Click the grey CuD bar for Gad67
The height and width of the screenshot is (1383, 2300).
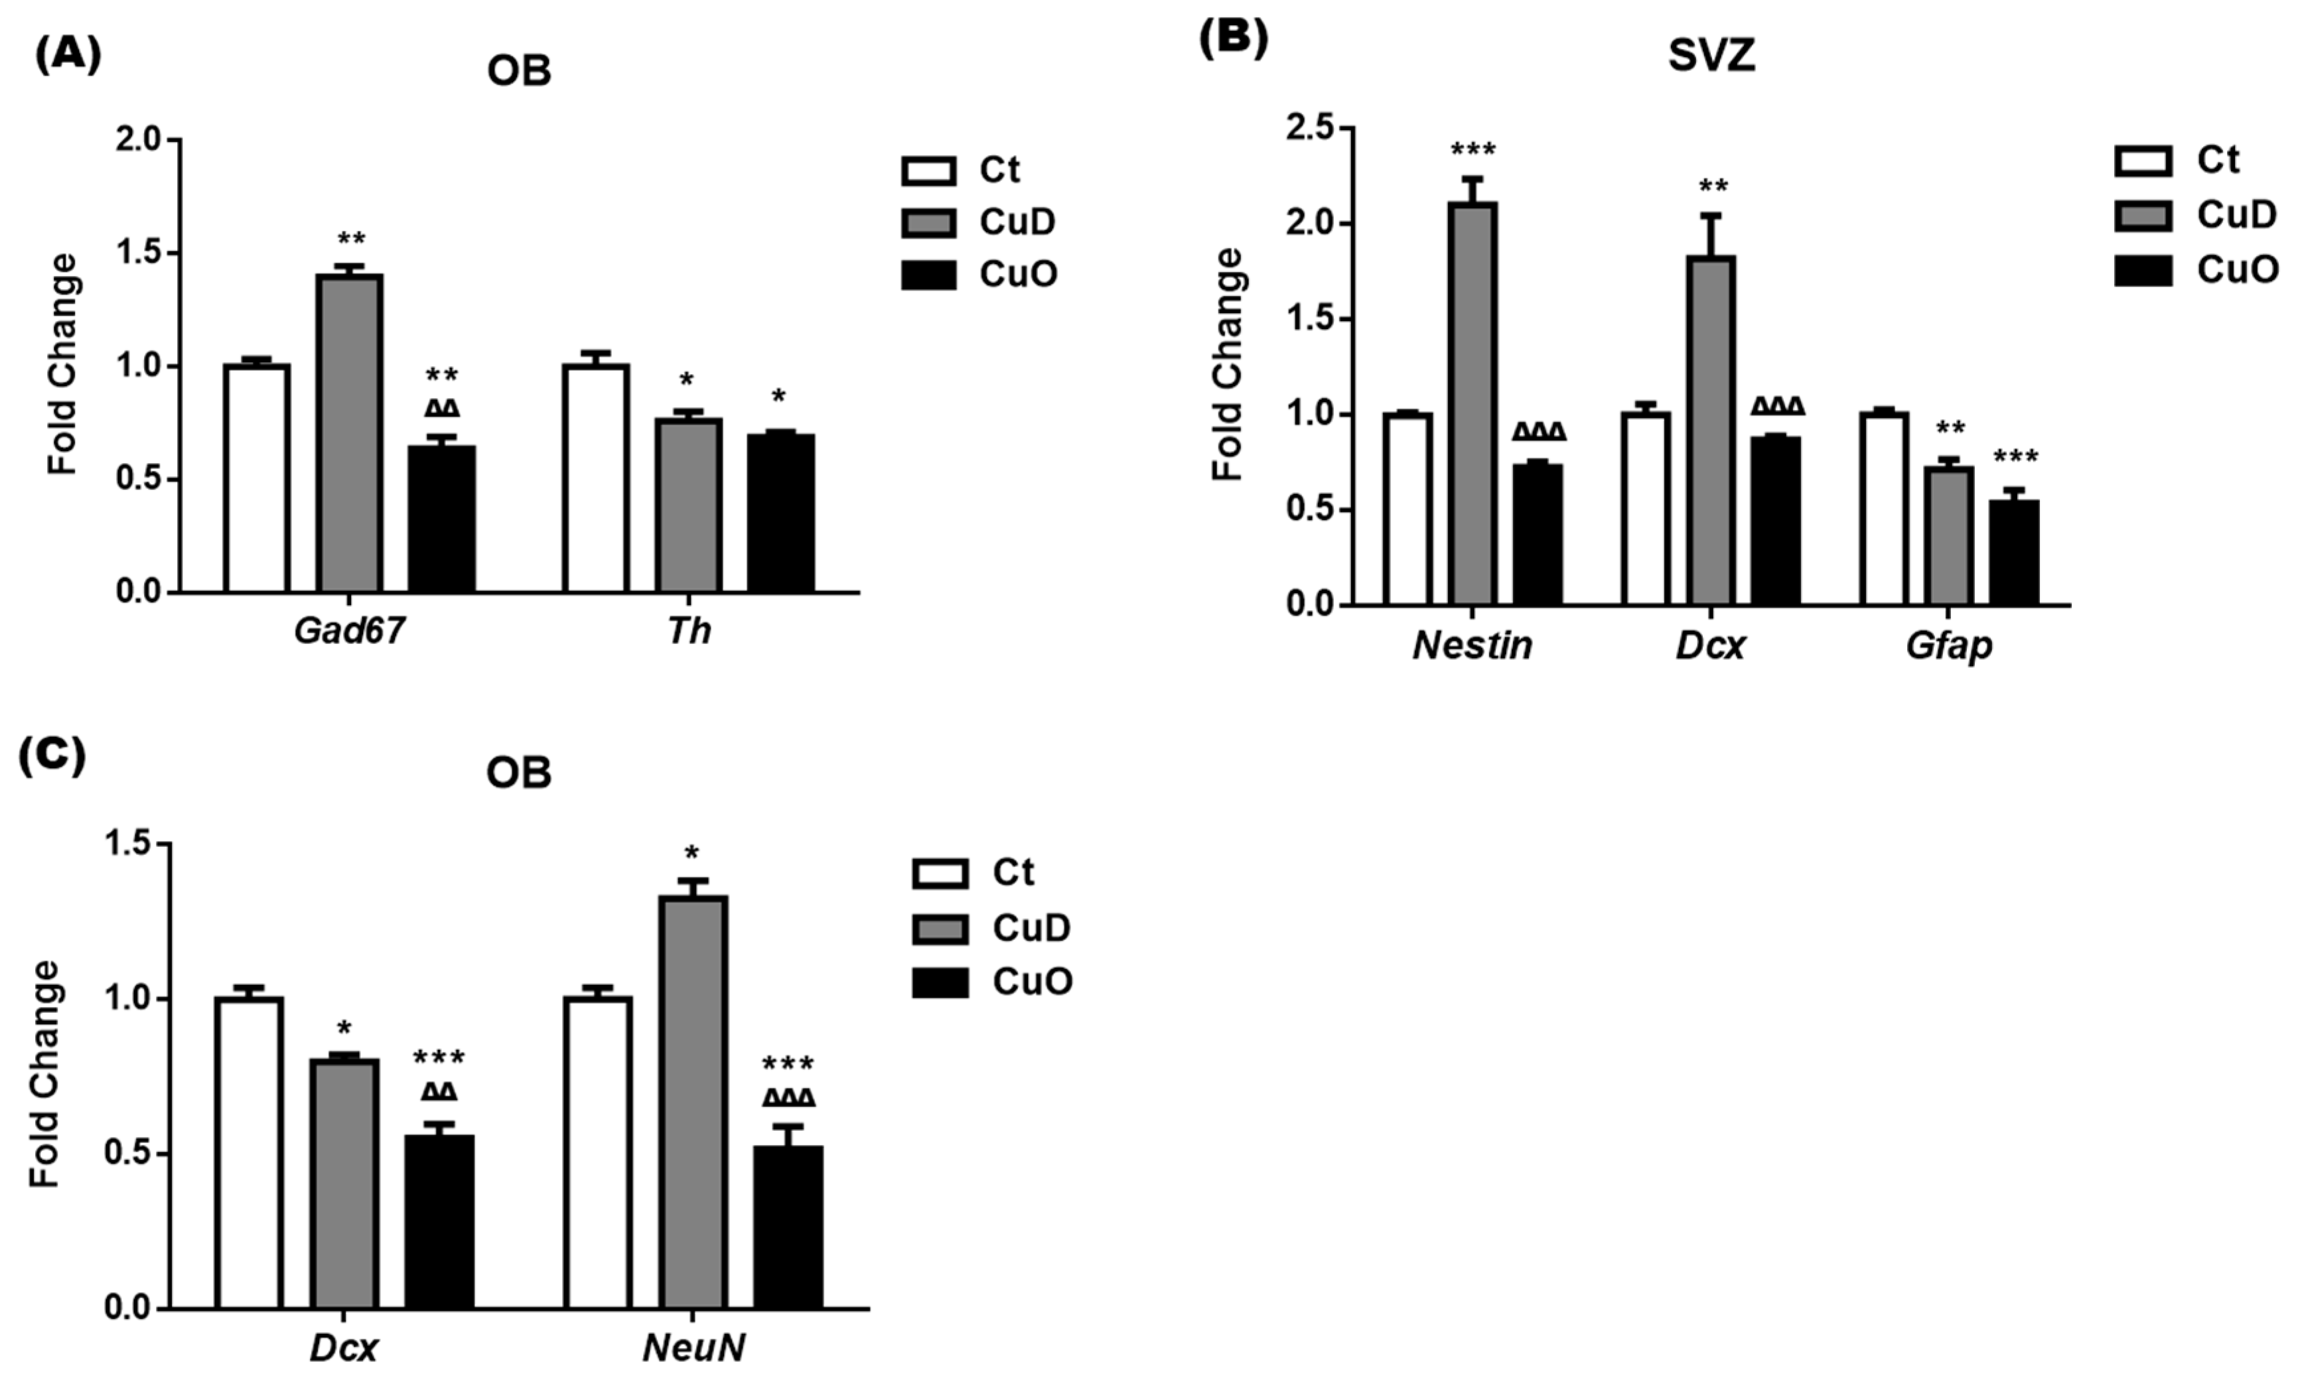(x=350, y=433)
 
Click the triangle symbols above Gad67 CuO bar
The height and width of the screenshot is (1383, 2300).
(x=442, y=408)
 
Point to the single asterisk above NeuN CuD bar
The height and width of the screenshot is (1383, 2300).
(x=691, y=853)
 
